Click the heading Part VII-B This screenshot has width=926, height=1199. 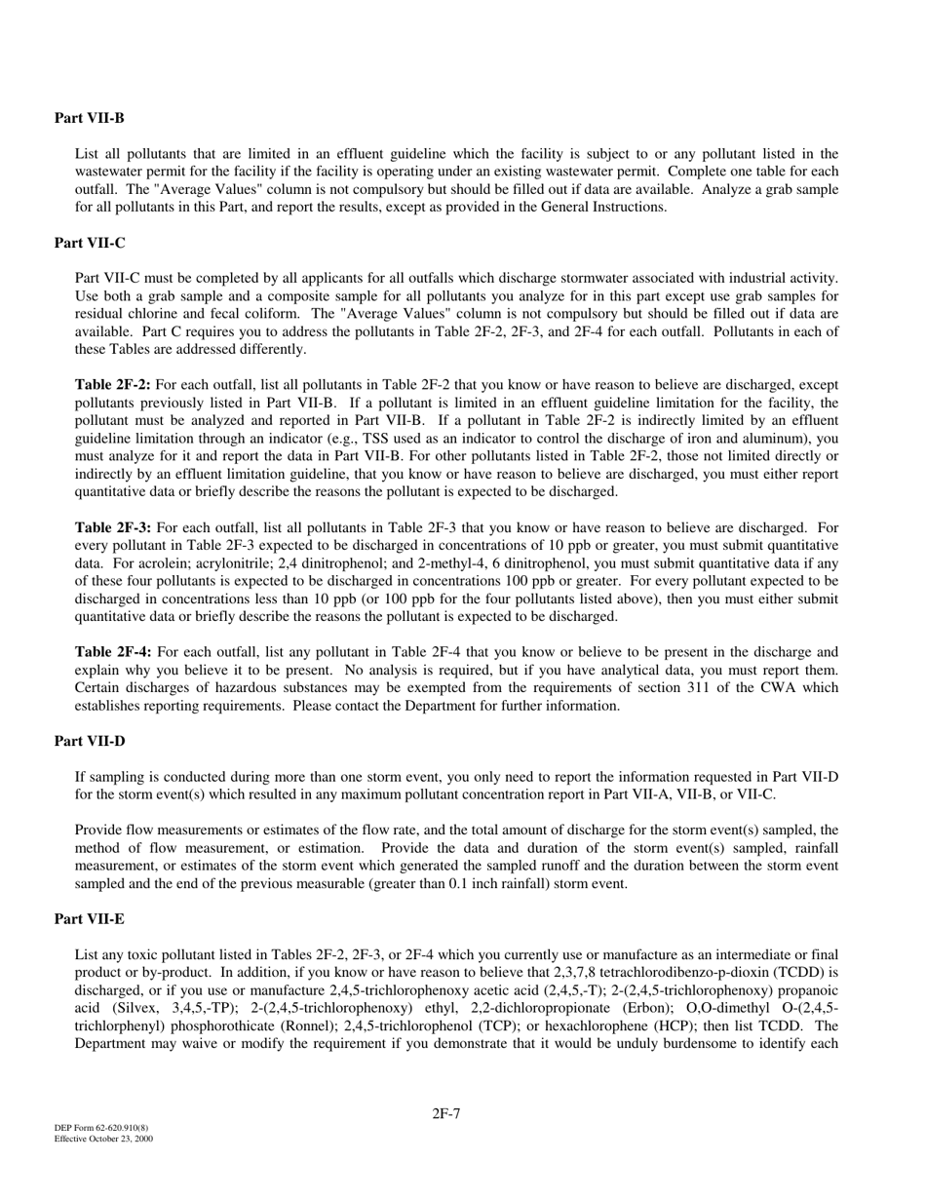click(90, 118)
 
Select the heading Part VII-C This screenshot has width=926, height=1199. click(90, 243)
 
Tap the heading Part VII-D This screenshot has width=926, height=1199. click(90, 742)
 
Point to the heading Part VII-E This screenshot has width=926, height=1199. click(90, 919)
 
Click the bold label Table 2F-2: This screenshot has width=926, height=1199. click(113, 385)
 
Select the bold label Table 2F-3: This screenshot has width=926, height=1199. click(113, 527)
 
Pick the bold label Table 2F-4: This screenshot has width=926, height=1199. click(113, 652)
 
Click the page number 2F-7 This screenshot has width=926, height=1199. click(446, 1113)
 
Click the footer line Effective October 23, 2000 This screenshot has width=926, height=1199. click(103, 1139)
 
